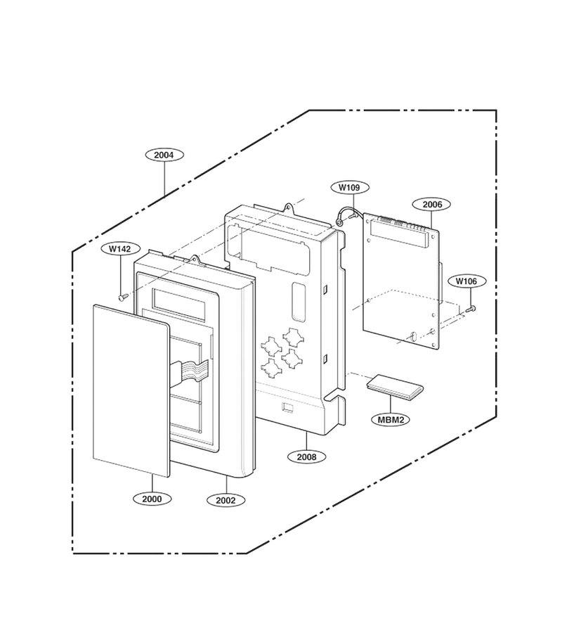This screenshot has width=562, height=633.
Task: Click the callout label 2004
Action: click(x=164, y=155)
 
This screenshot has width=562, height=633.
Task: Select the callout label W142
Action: click(x=119, y=249)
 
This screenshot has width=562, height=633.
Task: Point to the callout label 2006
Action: click(x=432, y=204)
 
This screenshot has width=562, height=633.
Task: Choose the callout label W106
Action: click(x=466, y=281)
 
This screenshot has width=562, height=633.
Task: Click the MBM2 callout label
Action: click(x=391, y=419)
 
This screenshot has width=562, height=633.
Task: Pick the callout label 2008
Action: click(x=306, y=457)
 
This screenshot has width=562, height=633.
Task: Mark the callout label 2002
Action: click(x=226, y=500)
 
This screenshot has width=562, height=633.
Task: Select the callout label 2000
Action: click(x=152, y=499)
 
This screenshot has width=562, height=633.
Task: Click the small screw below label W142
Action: click(x=122, y=297)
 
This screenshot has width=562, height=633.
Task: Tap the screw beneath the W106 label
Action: click(x=471, y=309)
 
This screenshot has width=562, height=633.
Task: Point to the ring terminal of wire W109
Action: click(x=339, y=222)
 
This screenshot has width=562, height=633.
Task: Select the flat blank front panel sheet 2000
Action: click(x=131, y=390)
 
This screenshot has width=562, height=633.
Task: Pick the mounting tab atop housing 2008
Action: click(x=289, y=208)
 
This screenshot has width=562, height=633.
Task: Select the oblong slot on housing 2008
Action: click(x=299, y=302)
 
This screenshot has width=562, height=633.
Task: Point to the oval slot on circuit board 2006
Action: click(x=413, y=336)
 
